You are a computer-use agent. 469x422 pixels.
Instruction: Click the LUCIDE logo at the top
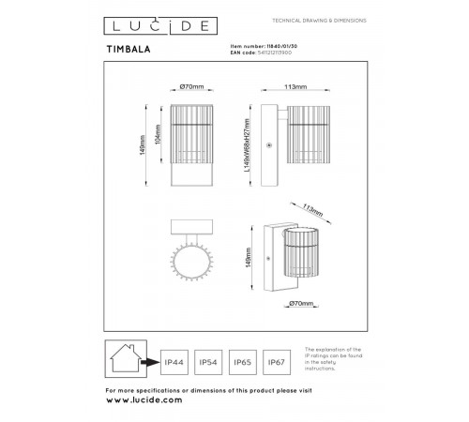pos(149,22)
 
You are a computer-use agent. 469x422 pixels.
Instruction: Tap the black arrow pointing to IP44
pos(149,361)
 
